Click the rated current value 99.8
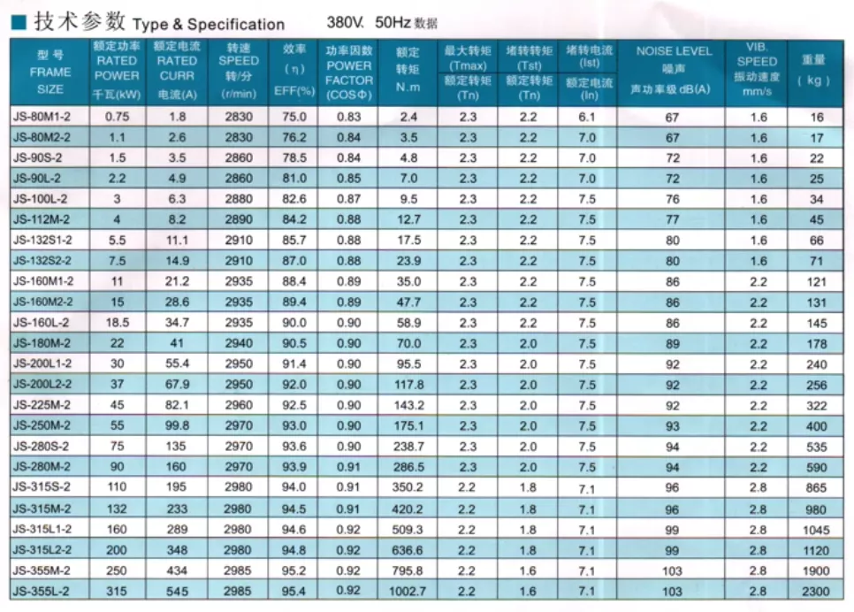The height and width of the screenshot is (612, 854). tap(177, 426)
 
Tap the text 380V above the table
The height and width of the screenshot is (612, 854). tap(343, 22)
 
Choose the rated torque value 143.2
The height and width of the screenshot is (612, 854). tap(408, 406)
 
